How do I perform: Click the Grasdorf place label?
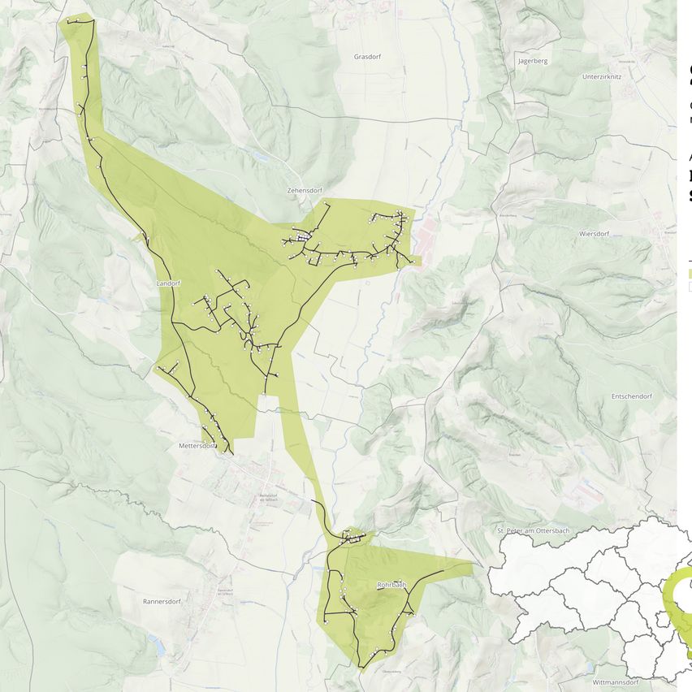pyautogui.click(x=367, y=57)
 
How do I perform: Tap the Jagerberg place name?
pyautogui.click(x=532, y=61)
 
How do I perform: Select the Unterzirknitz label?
pyautogui.click(x=602, y=76)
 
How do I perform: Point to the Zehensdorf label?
pyautogui.click(x=305, y=191)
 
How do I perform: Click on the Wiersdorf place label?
pyautogui.click(x=594, y=233)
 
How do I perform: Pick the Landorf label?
pyautogui.click(x=167, y=283)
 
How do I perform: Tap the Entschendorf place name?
pyautogui.click(x=631, y=396)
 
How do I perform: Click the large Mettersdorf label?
pyautogui.click(x=197, y=446)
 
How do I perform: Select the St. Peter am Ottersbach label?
pyautogui.click(x=533, y=530)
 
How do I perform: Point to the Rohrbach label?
pyautogui.click(x=391, y=584)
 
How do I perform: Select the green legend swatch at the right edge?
pyautogui.click(x=690, y=275)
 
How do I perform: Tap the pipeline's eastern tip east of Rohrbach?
pyautogui.click(x=443, y=571)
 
